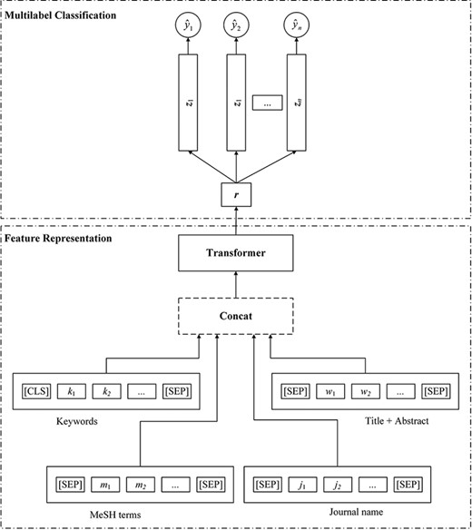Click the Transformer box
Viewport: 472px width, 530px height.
tap(235, 252)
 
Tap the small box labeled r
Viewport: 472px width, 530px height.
tap(235, 193)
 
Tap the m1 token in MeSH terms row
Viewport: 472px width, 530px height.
tap(107, 485)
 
